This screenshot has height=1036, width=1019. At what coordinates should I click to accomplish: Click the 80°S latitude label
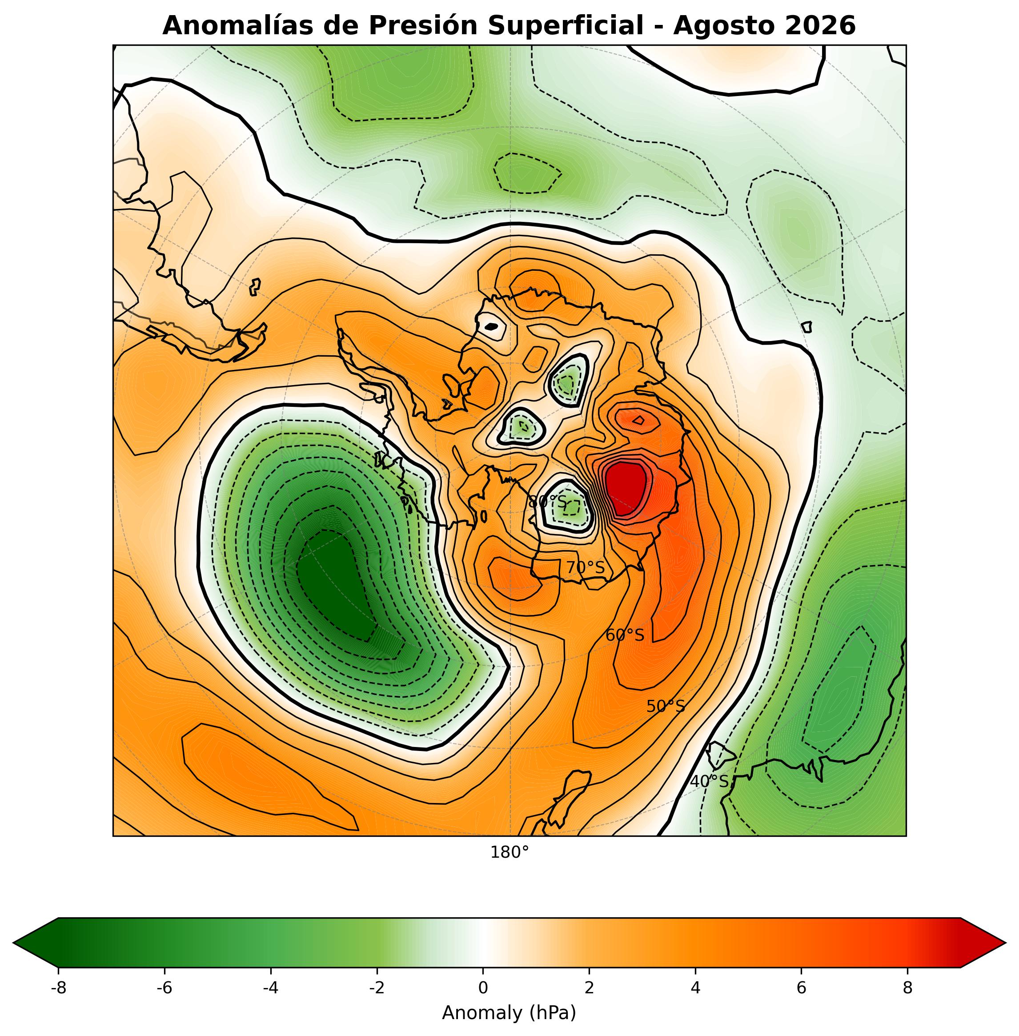[x=547, y=502]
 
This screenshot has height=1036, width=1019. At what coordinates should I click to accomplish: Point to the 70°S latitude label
[x=586, y=568]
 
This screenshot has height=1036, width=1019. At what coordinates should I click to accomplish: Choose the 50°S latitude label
[x=665, y=707]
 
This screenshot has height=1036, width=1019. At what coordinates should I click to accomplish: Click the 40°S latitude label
[x=709, y=782]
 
